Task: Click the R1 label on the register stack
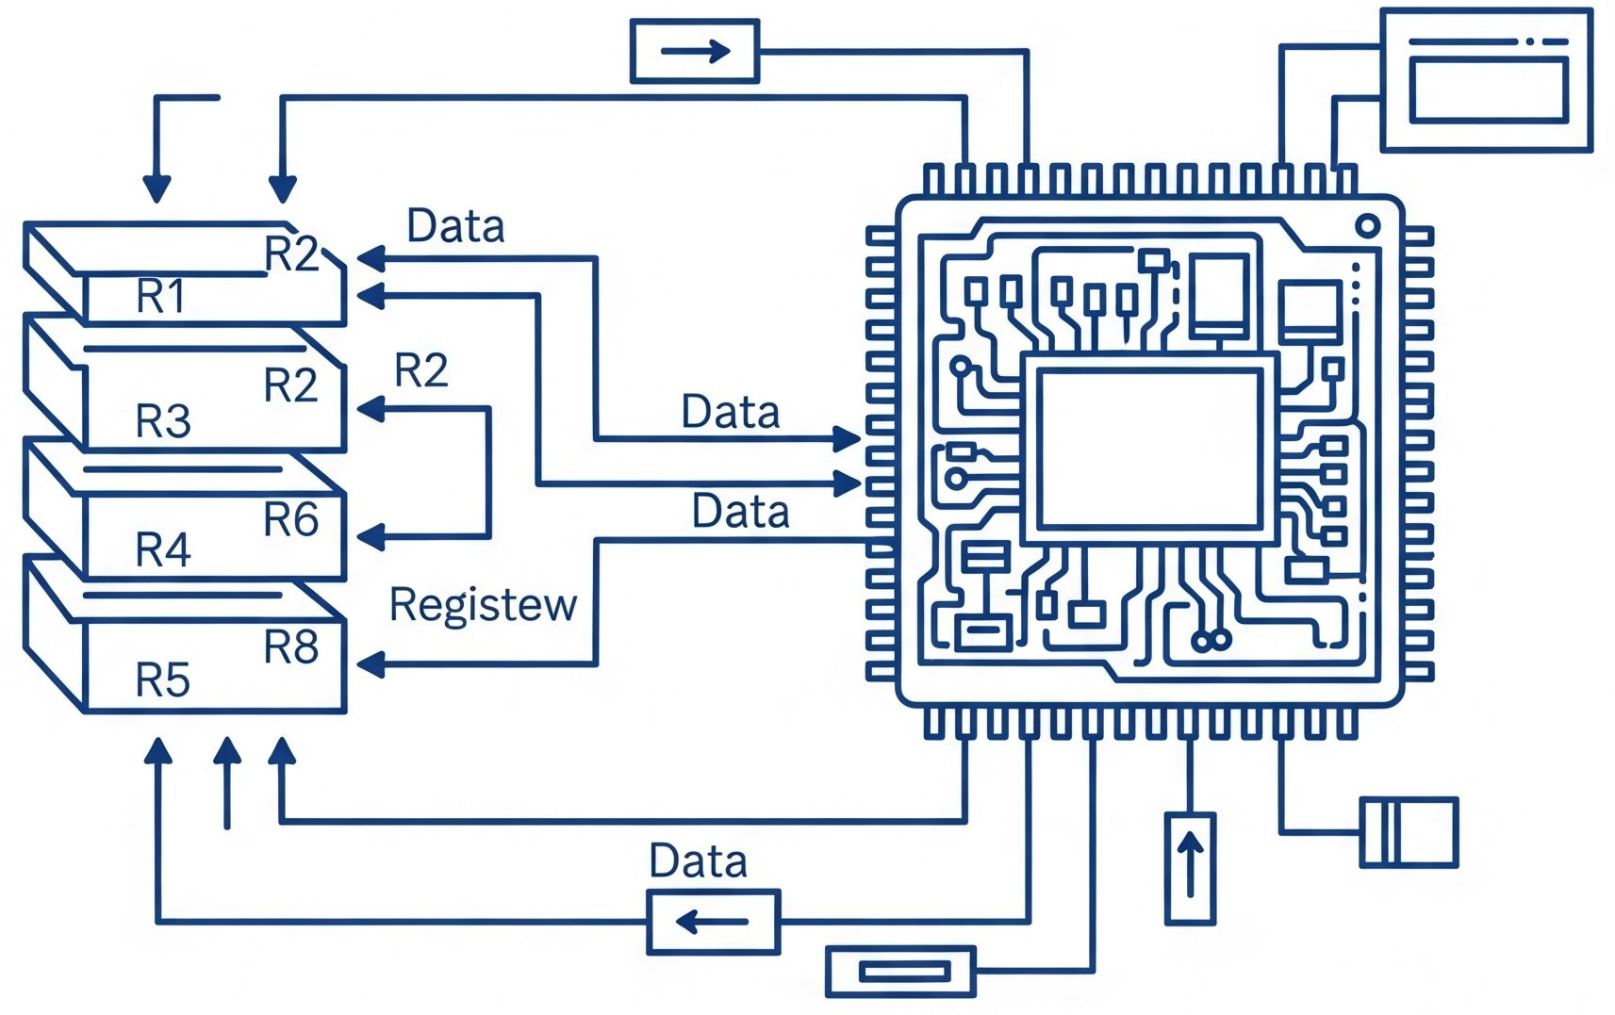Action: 161,297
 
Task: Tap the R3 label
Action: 163,421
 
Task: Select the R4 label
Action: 163,549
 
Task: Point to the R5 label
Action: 163,679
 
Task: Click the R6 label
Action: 290,520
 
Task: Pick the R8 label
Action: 290,647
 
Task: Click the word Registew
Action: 483,605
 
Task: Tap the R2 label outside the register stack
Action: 420,370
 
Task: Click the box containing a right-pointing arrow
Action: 695,51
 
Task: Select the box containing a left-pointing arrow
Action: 714,922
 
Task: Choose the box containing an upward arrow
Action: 1190,869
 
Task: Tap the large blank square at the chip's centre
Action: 1149,449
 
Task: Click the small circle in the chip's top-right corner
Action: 1367,226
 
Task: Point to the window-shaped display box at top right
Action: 1487,80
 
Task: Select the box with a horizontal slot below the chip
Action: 900,972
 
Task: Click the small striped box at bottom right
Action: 1409,832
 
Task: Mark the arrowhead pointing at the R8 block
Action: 371,664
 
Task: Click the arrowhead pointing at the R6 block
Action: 371,537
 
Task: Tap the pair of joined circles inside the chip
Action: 1211,642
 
